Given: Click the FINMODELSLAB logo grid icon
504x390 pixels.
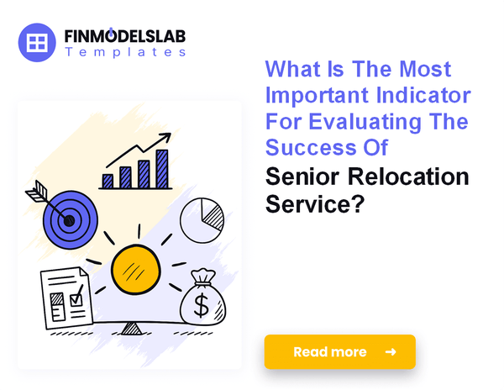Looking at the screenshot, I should pos(37,43).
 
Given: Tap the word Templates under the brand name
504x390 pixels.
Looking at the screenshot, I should pos(125,52).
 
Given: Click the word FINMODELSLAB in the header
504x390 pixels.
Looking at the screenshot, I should pos(125,36).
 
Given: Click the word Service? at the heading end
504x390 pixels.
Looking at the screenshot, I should pos(314,203).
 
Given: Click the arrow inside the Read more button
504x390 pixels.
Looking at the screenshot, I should pos(390,352).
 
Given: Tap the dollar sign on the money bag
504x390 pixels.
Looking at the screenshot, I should pos(202,305).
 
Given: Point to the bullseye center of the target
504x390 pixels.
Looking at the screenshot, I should pos(68,220).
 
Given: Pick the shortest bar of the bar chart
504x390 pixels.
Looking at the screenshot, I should pos(108,181).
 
